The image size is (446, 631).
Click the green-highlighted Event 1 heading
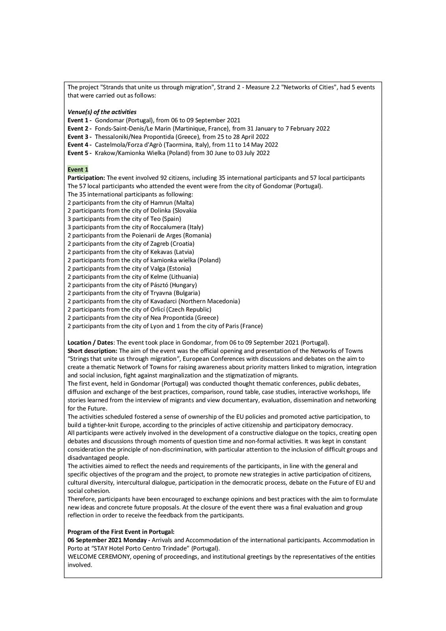(78, 170)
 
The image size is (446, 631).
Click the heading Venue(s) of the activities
(102, 112)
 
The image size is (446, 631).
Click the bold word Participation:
(86, 178)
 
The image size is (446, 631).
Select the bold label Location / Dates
(90, 342)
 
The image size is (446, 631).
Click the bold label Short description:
(92, 351)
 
